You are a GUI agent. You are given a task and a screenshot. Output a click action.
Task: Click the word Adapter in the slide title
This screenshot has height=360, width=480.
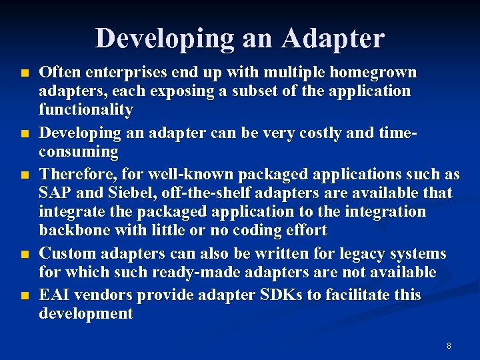click(333, 39)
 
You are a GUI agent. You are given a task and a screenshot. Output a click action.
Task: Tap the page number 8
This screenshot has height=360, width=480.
click(449, 346)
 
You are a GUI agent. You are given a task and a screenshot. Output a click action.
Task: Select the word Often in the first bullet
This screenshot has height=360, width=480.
click(58, 72)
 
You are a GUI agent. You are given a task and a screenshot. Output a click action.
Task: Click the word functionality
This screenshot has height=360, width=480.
click(86, 109)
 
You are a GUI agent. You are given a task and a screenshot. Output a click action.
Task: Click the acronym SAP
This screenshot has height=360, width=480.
click(55, 193)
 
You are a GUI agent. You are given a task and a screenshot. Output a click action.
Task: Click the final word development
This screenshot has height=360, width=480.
click(86, 313)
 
